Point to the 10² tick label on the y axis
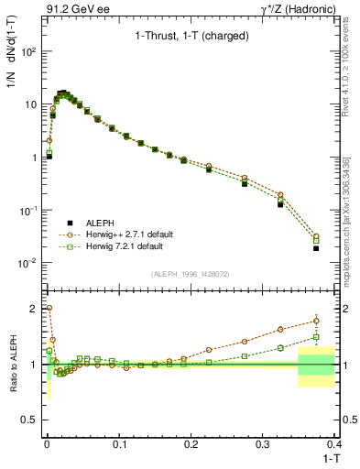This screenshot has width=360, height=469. (29, 51)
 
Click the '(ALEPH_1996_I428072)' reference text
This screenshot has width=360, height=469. (190, 273)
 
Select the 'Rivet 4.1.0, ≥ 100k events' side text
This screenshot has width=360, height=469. (352, 73)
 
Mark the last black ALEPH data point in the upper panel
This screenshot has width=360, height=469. (316, 248)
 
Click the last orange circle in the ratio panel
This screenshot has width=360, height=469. (316, 320)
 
